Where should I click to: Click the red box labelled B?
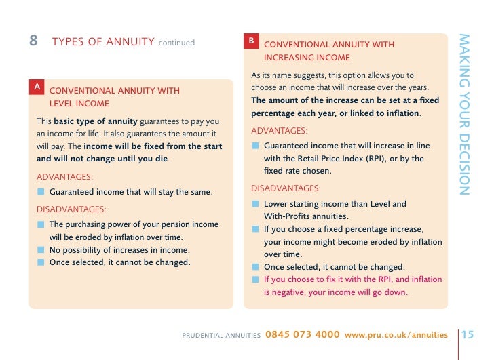click(251, 41)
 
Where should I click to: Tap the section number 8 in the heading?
click(33, 41)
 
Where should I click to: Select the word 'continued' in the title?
click(176, 43)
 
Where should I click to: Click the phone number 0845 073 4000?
click(303, 334)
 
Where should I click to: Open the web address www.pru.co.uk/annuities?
click(396, 334)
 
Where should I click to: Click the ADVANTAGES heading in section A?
click(65, 176)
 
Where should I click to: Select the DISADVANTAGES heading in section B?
click(286, 188)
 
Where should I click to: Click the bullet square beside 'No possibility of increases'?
click(41, 250)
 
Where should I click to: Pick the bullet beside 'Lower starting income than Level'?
click(255, 204)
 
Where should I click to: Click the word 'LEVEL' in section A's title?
click(62, 104)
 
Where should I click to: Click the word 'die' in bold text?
click(161, 159)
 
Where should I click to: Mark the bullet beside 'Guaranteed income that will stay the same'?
click(41, 192)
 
